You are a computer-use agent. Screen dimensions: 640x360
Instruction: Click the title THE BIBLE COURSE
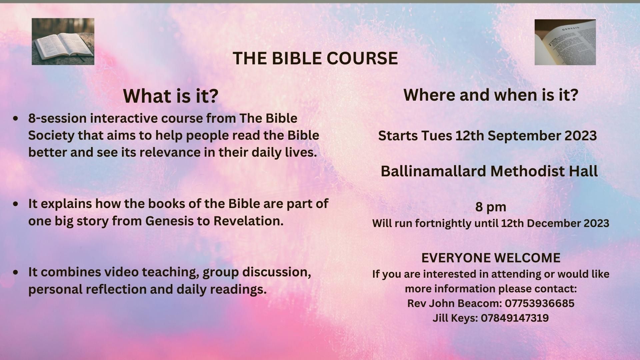(x=315, y=58)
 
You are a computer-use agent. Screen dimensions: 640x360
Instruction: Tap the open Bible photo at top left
(x=63, y=41)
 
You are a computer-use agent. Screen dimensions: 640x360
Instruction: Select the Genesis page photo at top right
(x=565, y=42)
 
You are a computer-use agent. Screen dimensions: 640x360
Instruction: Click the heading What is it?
(x=171, y=96)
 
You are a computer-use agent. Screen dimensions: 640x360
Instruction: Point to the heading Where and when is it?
(x=491, y=95)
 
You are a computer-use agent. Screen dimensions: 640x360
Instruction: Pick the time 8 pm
(x=491, y=207)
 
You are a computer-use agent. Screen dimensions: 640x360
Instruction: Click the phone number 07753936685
(x=540, y=303)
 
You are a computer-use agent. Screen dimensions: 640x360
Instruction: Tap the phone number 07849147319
(x=515, y=318)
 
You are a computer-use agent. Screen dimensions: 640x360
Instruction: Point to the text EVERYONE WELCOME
(x=491, y=258)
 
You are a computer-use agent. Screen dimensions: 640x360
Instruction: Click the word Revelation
(x=248, y=221)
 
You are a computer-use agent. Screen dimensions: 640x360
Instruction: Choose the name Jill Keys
(x=455, y=318)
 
